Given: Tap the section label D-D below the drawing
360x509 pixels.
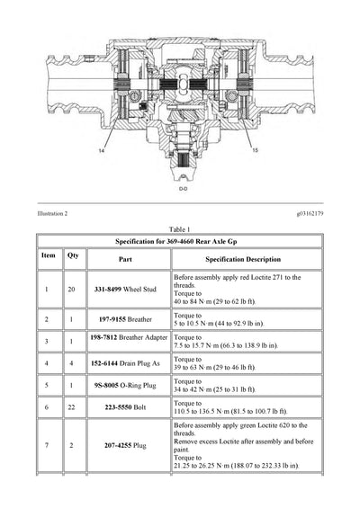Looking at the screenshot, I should [184, 189].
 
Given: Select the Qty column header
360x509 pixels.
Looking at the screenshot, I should [72, 256].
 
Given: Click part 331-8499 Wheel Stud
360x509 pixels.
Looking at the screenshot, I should [125, 290].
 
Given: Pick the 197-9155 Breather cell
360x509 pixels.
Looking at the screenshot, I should [125, 319].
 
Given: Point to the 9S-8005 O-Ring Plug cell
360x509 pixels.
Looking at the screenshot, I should [125, 388].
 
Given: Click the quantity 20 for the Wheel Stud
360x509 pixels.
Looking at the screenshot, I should [72, 290].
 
